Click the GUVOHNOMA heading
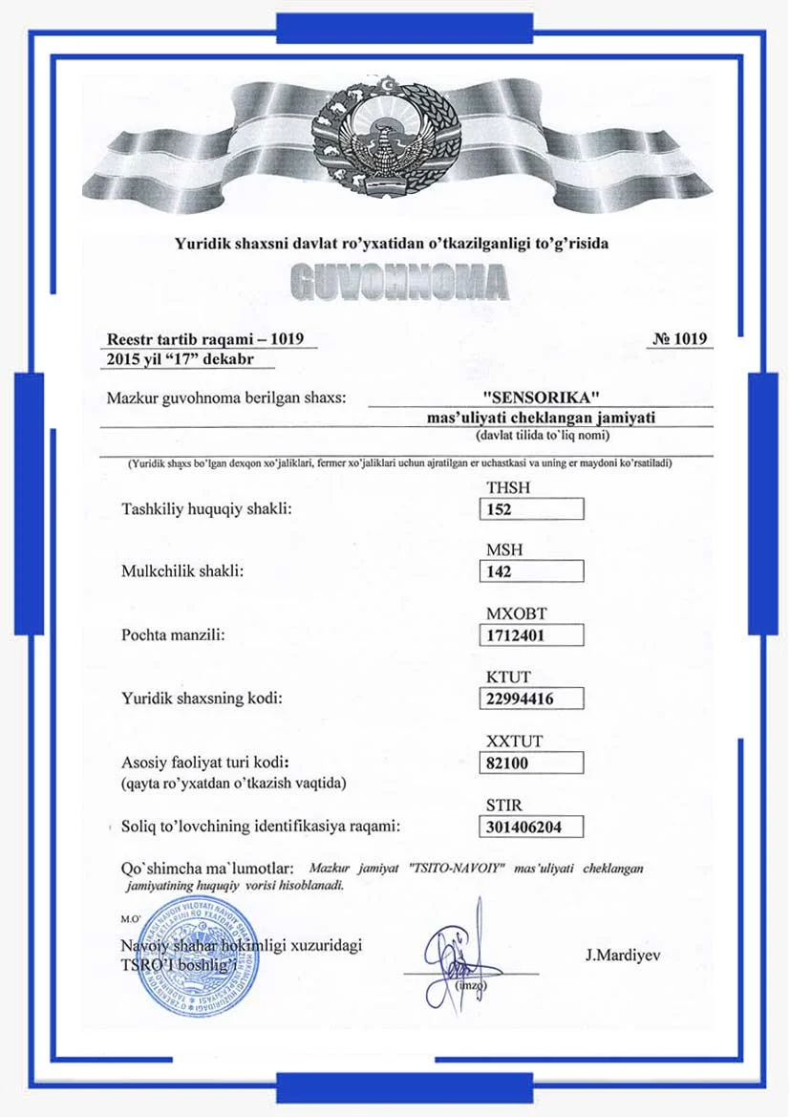pos(396,281)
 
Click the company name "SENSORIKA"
pos(541,397)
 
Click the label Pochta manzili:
pos(173,634)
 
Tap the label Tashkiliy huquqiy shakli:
pos(205,508)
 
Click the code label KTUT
pos(506,677)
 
